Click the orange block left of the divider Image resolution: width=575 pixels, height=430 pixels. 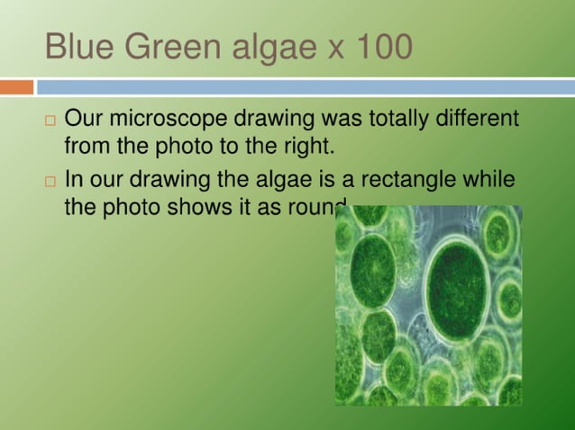click(x=16, y=87)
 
